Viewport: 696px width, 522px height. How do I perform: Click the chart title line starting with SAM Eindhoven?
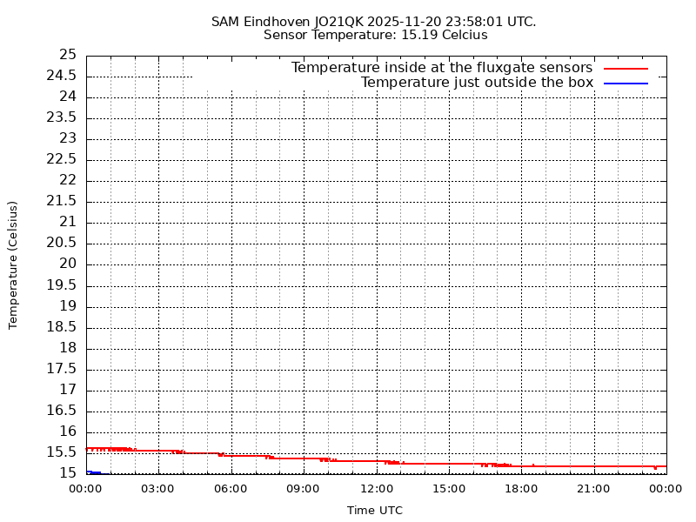tap(373, 21)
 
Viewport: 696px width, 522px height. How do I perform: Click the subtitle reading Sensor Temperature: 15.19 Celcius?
tap(375, 36)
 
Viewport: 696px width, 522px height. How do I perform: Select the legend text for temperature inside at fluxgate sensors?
tap(441, 68)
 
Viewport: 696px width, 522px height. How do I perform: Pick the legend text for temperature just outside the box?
tap(477, 83)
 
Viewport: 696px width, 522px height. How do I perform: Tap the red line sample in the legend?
tap(626, 68)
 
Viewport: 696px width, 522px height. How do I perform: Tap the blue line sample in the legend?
tap(626, 84)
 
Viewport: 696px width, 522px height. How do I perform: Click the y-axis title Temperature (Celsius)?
tap(13, 264)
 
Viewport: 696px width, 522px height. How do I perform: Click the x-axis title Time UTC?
tap(375, 511)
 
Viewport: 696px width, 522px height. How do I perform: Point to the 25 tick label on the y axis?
tap(68, 55)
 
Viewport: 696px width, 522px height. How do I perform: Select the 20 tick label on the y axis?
tap(68, 264)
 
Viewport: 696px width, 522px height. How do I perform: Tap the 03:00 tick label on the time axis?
tap(158, 489)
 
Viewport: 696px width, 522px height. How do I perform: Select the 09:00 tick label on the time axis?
tap(304, 489)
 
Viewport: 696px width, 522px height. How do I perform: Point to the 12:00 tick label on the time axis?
tap(376, 489)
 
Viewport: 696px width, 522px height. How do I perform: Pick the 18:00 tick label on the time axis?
tap(521, 489)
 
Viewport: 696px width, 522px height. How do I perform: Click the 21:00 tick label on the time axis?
tap(594, 489)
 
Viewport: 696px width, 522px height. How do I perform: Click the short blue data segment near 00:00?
tap(94, 472)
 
